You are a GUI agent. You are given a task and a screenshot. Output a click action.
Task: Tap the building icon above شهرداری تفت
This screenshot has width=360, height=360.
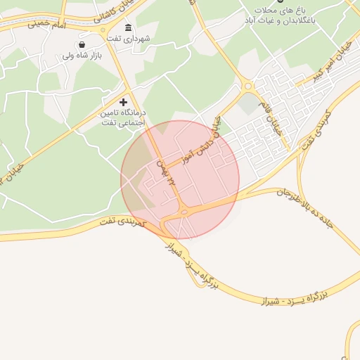127,28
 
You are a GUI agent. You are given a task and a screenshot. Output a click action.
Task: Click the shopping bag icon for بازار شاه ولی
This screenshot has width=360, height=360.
82,44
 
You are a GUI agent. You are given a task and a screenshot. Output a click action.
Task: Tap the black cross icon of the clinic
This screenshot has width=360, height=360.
124,103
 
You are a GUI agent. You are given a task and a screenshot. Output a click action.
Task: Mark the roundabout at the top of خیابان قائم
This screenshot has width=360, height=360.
247,86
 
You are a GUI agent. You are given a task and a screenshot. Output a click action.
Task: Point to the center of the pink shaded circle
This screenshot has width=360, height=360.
180,180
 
